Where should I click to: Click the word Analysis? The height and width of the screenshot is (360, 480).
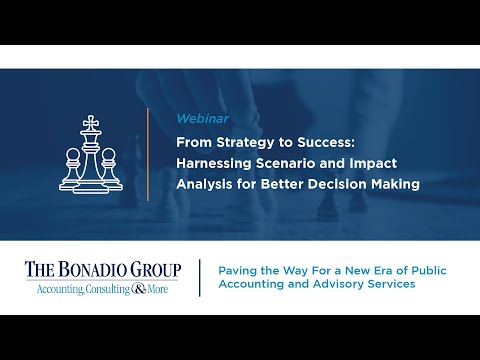tap(204, 183)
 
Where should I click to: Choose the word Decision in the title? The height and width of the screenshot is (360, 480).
tap(325, 183)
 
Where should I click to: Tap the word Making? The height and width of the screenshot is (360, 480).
tap(388, 183)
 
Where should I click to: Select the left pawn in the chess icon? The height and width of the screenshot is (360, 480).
tap(72, 170)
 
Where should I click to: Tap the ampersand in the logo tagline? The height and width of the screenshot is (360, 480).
tap(138, 288)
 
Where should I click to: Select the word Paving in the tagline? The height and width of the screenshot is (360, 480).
tap(235, 268)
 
